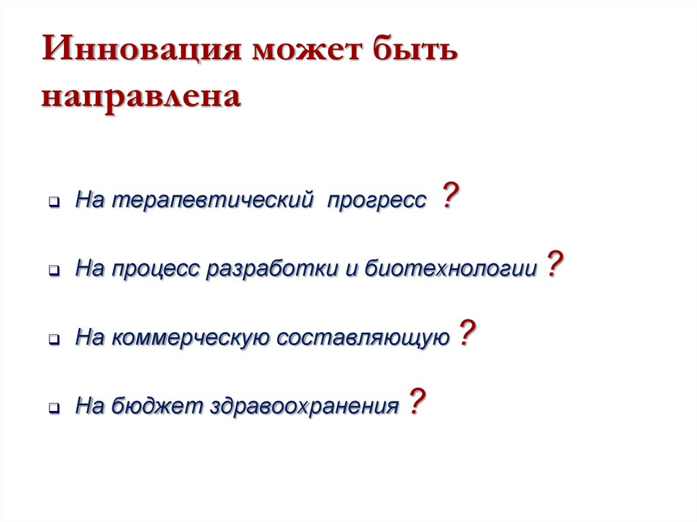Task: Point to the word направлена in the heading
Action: [142, 96]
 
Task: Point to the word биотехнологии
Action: [449, 269]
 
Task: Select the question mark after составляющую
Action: [466, 333]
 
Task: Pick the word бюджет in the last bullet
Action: [155, 406]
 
